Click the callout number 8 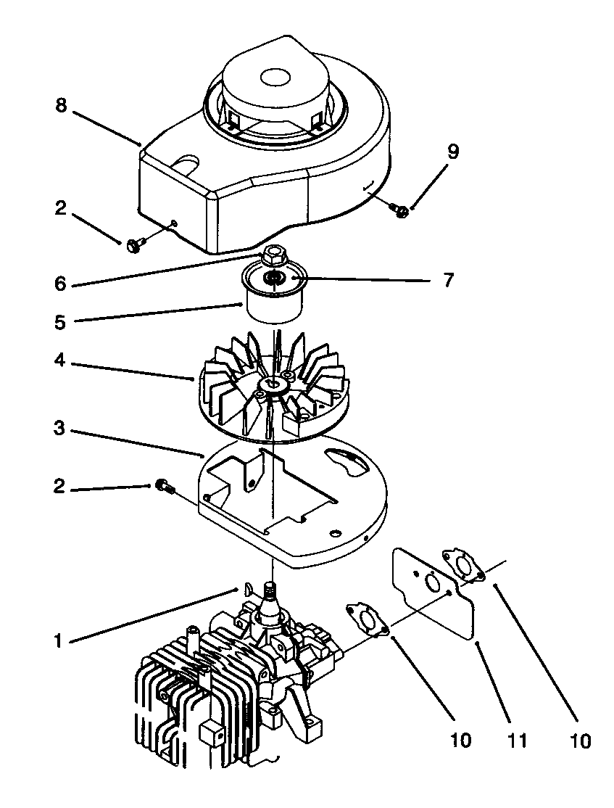point(60,106)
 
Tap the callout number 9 point(452,152)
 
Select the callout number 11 point(517,740)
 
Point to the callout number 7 point(449,279)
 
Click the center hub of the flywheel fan point(274,383)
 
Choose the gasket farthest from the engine point(465,566)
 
